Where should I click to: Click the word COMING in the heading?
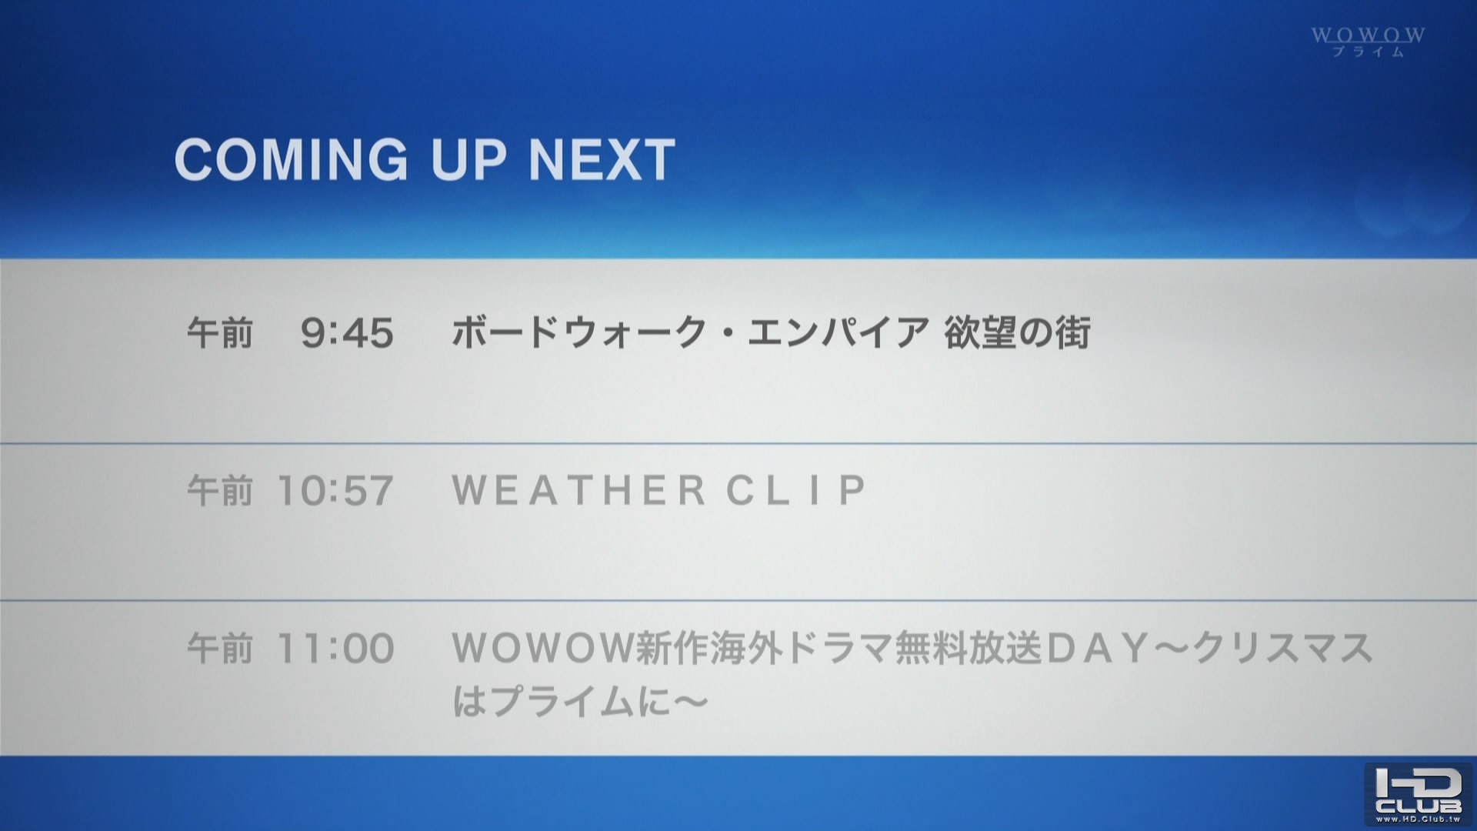tap(292, 160)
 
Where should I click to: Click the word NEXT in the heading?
tap(602, 160)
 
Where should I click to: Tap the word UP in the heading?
tap(468, 160)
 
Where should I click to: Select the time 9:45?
tap(347, 334)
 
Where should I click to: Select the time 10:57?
tap(335, 491)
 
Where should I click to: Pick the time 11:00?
tap(335, 649)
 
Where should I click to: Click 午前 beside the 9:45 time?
tap(220, 334)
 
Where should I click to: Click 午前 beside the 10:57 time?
tap(220, 491)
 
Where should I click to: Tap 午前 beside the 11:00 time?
tap(220, 649)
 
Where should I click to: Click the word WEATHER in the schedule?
tap(578, 490)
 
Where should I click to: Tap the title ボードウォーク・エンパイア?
tap(691, 333)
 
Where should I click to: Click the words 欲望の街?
tap(1017, 333)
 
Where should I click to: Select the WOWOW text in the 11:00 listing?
tap(542, 648)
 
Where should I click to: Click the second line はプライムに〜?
tap(579, 701)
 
